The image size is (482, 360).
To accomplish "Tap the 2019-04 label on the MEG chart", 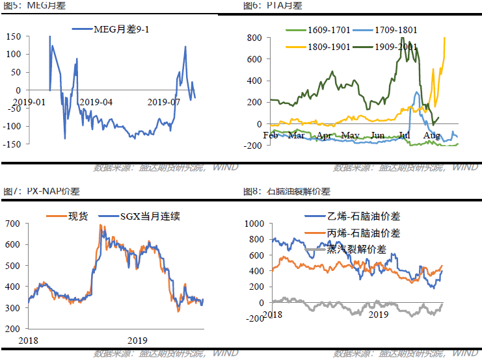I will (95, 102).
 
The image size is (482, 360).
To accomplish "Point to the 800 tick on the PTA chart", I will (253, 38).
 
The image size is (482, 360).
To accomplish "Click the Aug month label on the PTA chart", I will (431, 135).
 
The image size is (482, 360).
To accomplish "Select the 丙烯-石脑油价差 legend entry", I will (364, 233).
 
